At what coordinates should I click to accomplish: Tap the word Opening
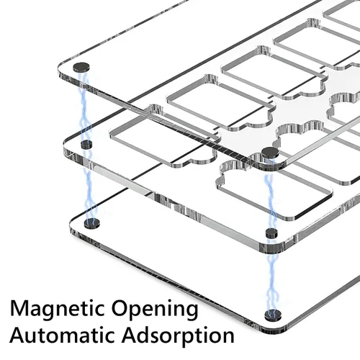click(x=156, y=310)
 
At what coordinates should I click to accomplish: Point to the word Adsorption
click(x=178, y=336)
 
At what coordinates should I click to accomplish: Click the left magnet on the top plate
click(x=81, y=67)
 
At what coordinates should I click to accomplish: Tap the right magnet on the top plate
click(x=270, y=153)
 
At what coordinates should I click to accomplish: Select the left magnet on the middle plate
click(x=86, y=144)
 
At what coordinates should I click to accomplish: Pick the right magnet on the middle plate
click(x=271, y=233)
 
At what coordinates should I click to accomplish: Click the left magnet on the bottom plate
click(x=92, y=223)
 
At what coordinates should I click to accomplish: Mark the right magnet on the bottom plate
click(x=273, y=315)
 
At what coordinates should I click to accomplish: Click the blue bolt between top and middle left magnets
click(x=84, y=107)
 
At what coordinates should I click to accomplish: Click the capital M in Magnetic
click(x=20, y=308)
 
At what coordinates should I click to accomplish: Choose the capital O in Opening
click(x=120, y=308)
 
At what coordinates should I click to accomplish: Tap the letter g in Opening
click(x=192, y=312)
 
